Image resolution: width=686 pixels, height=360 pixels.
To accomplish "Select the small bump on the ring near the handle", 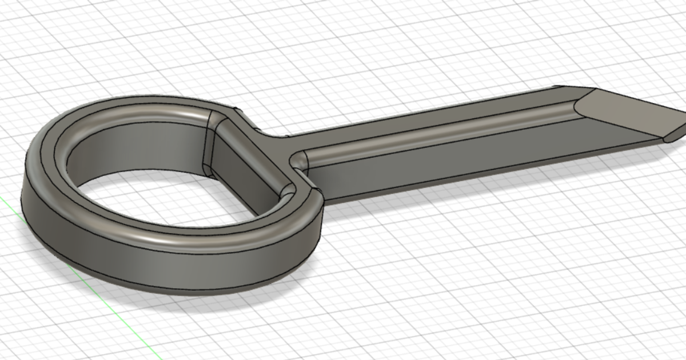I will click(236, 108).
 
